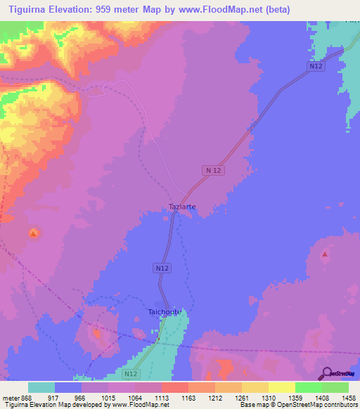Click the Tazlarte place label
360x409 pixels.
point(182,207)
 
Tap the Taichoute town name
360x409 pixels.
point(165,311)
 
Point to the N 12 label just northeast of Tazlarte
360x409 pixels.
point(214,170)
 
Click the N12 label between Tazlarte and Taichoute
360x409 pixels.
point(162,268)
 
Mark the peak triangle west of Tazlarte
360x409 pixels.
point(33,233)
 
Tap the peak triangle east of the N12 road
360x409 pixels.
point(324,254)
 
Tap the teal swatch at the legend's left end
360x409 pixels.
point(41,387)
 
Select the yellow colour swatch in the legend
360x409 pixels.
point(282,387)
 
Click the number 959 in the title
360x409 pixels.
point(120,8)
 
